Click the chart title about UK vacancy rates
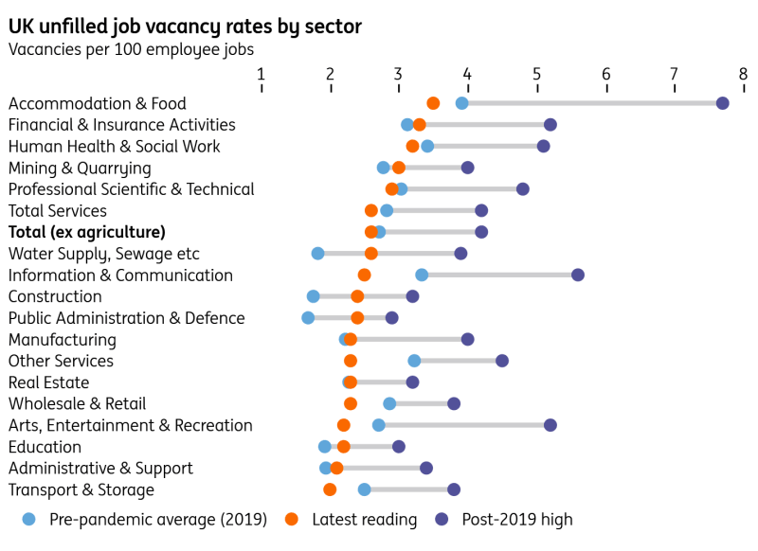tap(185, 27)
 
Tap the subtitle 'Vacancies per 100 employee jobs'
tap(131, 49)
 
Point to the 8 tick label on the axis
tap(743, 74)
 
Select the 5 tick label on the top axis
tap(536, 74)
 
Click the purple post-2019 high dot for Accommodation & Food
tap(722, 103)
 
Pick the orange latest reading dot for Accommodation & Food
tap(433, 103)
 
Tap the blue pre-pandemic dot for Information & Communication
tap(422, 275)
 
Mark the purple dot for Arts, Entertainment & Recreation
tap(550, 425)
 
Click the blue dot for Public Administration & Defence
tap(308, 318)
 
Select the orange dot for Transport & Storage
tap(330, 489)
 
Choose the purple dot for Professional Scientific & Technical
tap(523, 189)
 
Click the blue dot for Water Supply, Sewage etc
tap(318, 254)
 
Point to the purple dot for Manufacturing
tap(467, 339)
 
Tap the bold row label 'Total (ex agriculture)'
tap(87, 232)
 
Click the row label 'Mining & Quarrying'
tap(80, 169)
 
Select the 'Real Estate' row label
tap(48, 382)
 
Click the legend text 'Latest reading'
tap(364, 519)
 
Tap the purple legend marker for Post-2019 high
tap(442, 519)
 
